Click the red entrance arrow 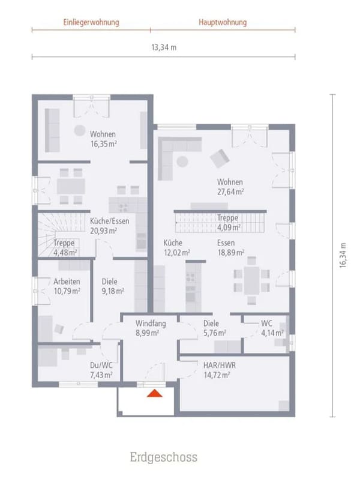click(155, 393)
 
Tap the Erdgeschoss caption click(164, 457)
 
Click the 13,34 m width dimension click(164, 47)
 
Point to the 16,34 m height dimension click(343, 255)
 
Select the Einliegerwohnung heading click(91, 22)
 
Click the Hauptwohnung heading click(223, 22)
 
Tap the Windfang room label click(151, 323)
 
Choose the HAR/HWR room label click(220, 365)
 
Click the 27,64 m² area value click(230, 191)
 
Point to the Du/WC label click(101, 365)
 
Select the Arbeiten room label click(67, 282)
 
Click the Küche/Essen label click(110, 221)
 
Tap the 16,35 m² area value click(104, 144)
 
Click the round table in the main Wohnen click(182, 161)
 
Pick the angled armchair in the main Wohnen click(220, 158)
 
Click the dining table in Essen click(251, 281)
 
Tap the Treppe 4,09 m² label click(228, 222)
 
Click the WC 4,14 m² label click(272, 328)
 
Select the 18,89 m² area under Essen click(230, 253)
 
